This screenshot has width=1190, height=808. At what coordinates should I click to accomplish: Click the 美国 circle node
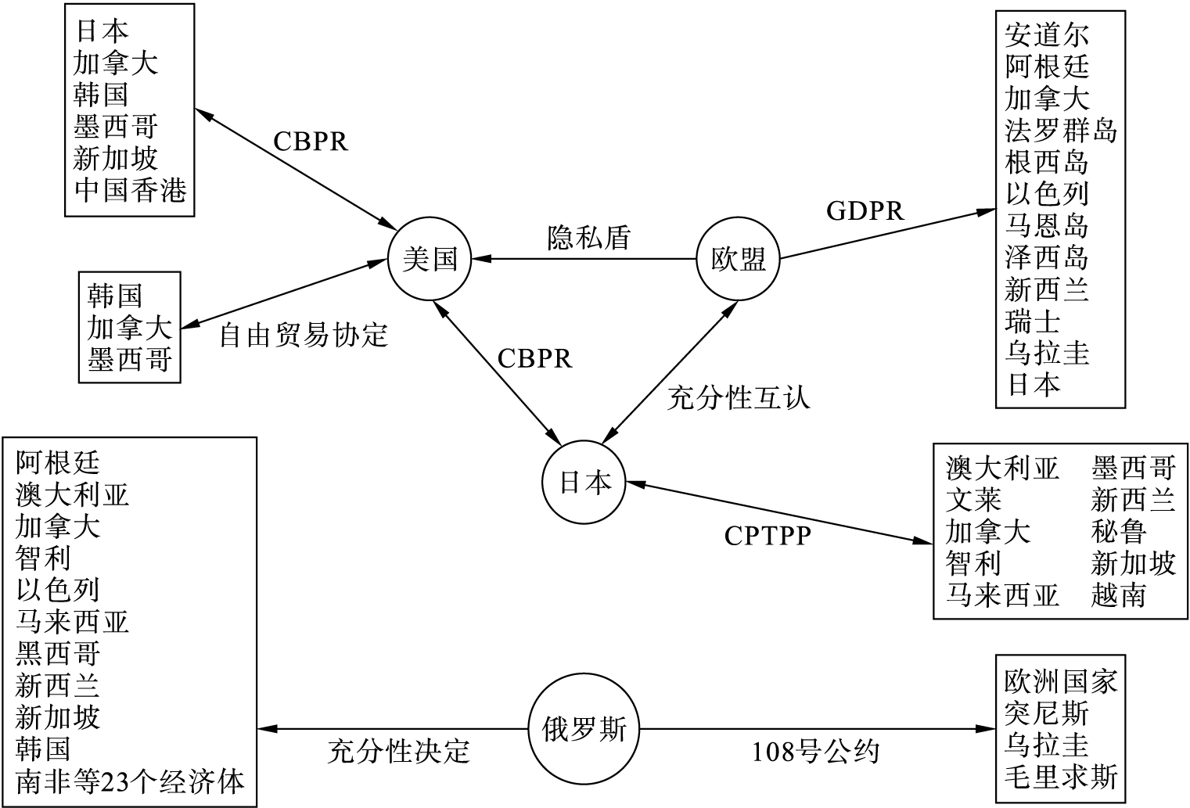tap(430, 259)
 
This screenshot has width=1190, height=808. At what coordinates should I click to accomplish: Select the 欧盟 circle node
tap(738, 259)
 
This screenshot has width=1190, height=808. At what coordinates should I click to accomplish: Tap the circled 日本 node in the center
tap(584, 483)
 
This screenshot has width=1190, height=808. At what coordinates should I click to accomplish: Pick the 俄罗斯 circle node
tap(584, 728)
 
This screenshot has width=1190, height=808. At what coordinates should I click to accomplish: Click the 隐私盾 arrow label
tap(588, 237)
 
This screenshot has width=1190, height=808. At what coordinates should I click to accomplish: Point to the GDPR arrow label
tap(865, 211)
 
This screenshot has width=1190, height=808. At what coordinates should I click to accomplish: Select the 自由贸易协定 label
tap(304, 335)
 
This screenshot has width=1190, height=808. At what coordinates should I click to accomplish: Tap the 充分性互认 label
tap(739, 398)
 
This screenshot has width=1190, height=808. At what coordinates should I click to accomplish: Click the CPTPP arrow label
tap(768, 536)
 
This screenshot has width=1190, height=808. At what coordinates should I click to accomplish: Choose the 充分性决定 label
tap(398, 752)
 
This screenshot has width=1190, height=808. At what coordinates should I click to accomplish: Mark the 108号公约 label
tap(816, 752)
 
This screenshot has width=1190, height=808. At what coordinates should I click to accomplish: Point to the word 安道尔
tap(1046, 34)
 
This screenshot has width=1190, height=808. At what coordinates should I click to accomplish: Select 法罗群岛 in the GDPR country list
tap(1061, 131)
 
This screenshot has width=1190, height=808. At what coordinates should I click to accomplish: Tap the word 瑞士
tap(1033, 321)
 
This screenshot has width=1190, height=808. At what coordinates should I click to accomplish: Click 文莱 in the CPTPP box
tap(973, 499)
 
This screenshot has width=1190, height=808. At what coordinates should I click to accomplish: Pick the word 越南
tap(1119, 595)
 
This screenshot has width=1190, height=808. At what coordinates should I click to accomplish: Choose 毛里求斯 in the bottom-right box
tap(1061, 777)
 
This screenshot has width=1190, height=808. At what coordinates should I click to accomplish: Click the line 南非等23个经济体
tap(130, 781)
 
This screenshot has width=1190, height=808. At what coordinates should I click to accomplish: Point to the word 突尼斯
tap(1046, 713)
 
